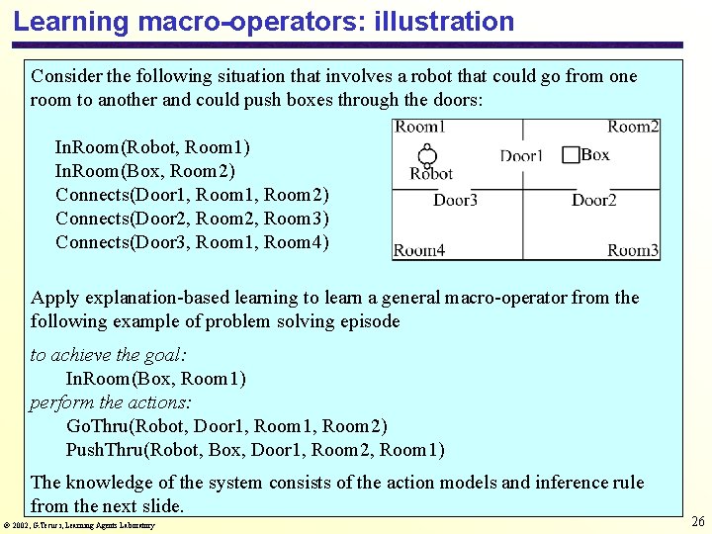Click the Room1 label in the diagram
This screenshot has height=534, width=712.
tap(420, 127)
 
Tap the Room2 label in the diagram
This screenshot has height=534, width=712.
tap(633, 127)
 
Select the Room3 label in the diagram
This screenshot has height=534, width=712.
tap(633, 250)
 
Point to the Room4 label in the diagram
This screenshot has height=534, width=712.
tap(420, 250)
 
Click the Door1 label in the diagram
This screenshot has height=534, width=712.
tap(521, 156)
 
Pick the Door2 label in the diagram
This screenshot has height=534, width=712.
tap(593, 201)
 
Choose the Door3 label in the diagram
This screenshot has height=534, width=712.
tap(455, 201)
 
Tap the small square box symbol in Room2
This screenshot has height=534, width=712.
tap(571, 155)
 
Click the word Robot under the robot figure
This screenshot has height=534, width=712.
tap(431, 174)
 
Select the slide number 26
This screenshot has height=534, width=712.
tap(697, 522)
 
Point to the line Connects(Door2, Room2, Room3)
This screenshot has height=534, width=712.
tap(193, 219)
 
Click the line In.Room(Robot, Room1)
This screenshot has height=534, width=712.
tap(152, 147)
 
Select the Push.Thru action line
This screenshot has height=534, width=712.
tap(255, 450)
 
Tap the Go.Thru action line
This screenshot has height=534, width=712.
tap(226, 426)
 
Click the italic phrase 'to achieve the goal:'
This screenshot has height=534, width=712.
tap(109, 355)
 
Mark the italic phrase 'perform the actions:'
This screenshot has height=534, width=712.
tap(111, 402)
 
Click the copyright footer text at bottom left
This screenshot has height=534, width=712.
tap(80, 525)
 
